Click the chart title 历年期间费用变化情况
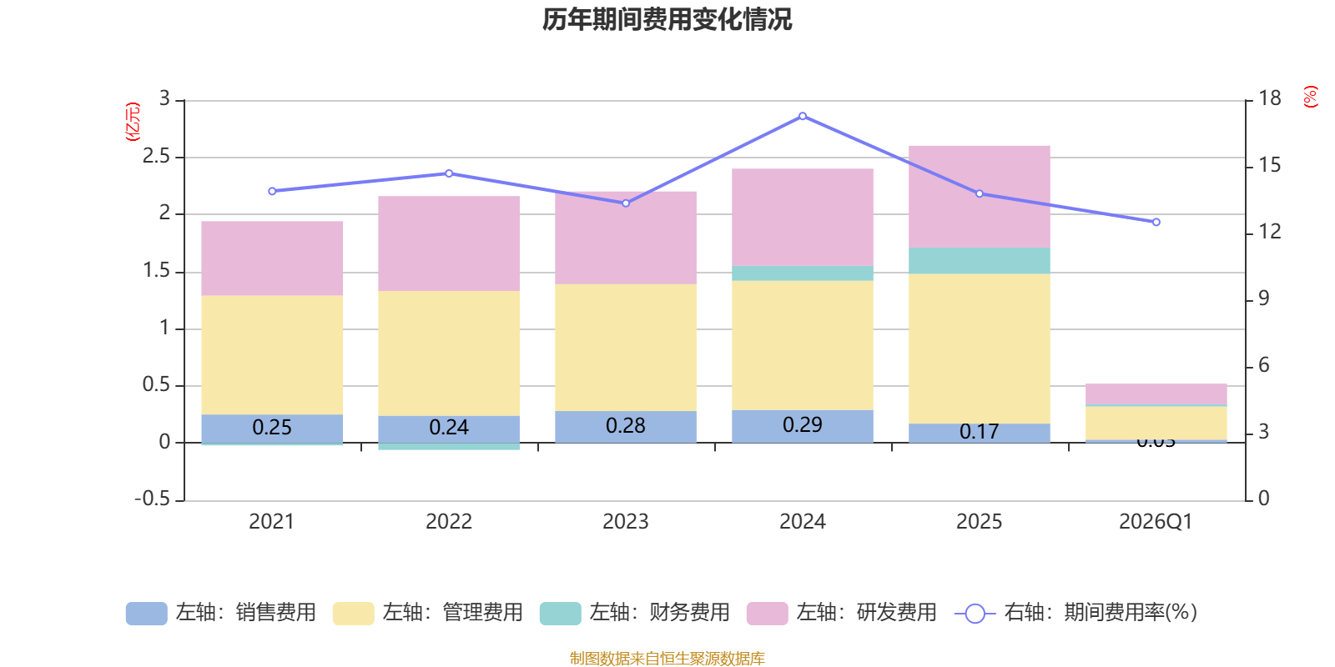(667, 19)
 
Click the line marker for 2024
(803, 116)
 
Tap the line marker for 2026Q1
(1156, 223)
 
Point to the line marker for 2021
(272, 191)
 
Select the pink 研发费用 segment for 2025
(979, 196)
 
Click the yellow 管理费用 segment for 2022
(449, 353)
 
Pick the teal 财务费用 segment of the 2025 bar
(979, 261)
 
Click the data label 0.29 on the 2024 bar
(803, 425)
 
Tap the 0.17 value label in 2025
(979, 432)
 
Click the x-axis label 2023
(626, 522)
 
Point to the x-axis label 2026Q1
(1156, 522)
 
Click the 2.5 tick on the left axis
(156, 157)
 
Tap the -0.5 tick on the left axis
(152, 499)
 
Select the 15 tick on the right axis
(1270, 165)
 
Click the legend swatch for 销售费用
(146, 614)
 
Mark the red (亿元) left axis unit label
(132, 122)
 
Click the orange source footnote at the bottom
(667, 659)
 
